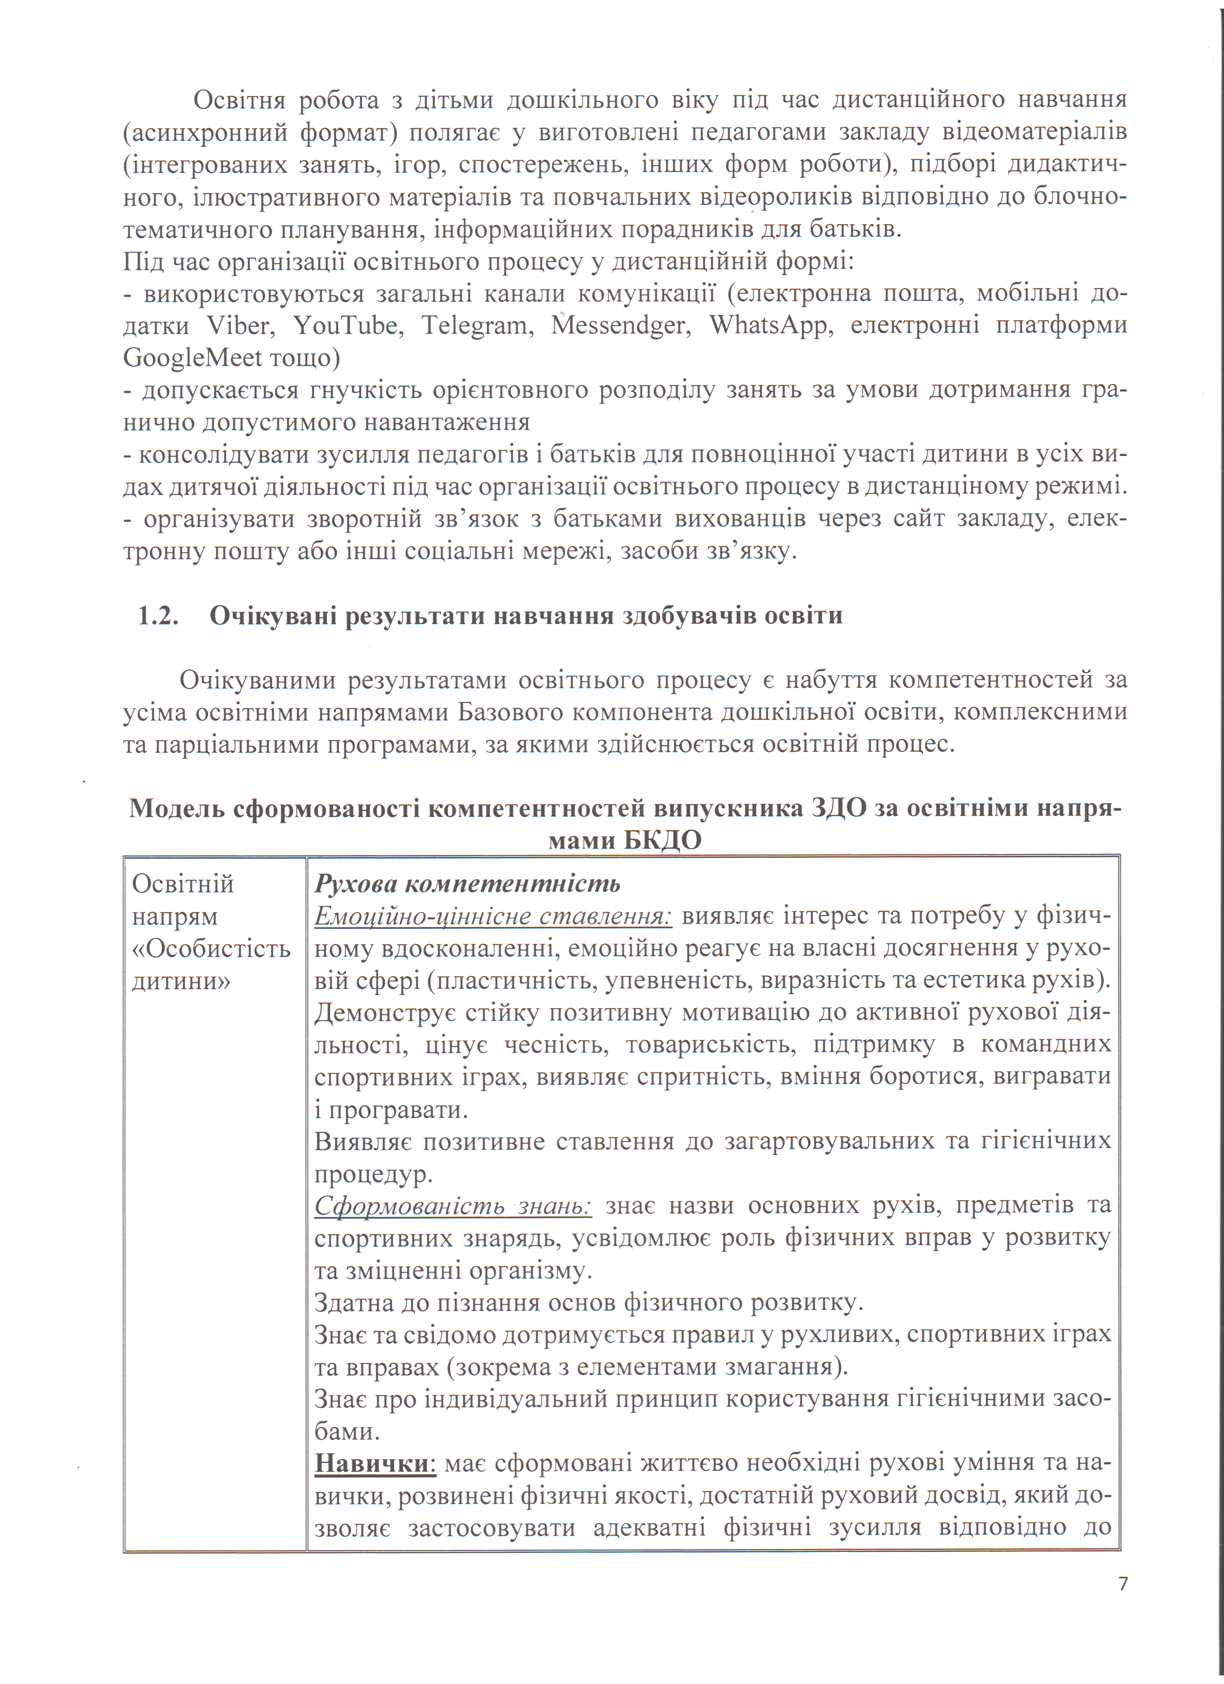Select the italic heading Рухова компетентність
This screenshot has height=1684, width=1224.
[x=467, y=884]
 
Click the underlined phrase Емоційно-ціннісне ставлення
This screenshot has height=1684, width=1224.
[x=493, y=916]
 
